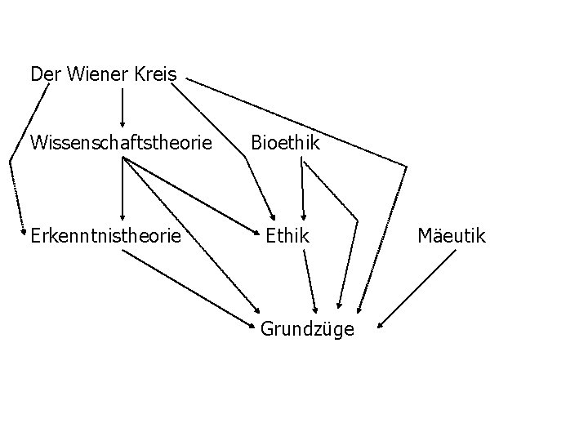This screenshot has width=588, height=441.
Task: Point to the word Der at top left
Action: pos(45,74)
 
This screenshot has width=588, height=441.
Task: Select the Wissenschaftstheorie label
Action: pos(121,144)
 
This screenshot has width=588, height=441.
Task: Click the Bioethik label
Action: pos(285,144)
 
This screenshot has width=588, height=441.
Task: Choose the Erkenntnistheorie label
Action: pos(105,237)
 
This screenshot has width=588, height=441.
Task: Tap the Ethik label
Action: pos(287,237)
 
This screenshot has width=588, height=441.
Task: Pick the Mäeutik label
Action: pos(451,237)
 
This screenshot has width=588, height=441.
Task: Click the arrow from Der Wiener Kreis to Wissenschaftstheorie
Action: pos(122,107)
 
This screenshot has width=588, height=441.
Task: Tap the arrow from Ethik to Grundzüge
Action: pos(310,281)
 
